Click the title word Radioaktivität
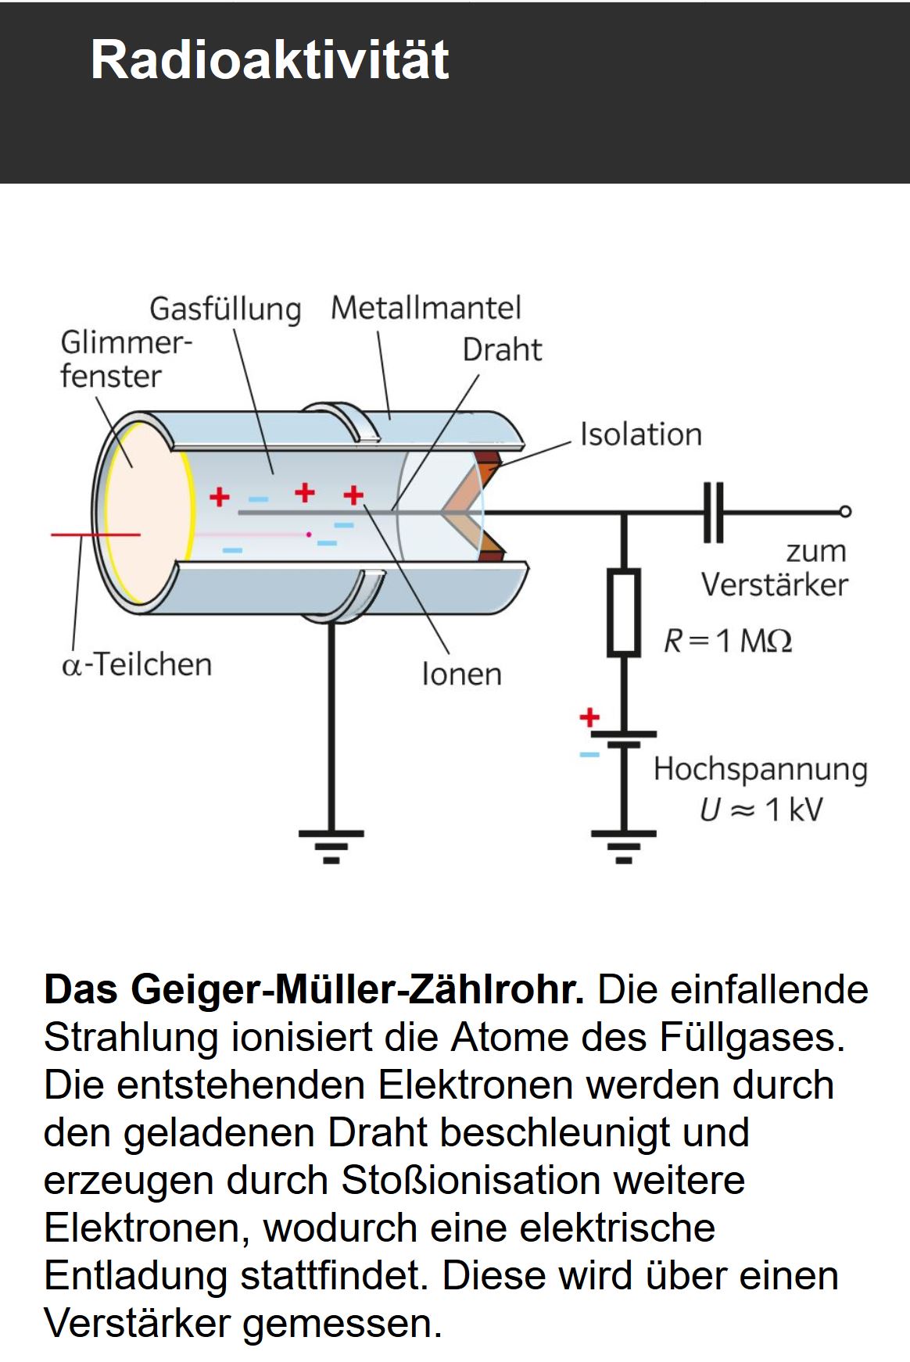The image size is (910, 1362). (x=270, y=59)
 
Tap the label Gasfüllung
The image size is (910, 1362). (x=225, y=309)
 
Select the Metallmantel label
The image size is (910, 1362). (x=425, y=308)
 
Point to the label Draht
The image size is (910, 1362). (x=502, y=350)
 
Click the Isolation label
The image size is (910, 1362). (x=640, y=434)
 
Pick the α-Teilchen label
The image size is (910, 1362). (x=137, y=664)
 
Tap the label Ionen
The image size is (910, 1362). (x=461, y=674)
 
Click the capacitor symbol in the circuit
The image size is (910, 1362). (x=713, y=513)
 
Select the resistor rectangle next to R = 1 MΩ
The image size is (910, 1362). (x=624, y=612)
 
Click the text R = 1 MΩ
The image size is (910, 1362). (x=727, y=641)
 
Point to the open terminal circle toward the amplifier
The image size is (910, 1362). (x=845, y=513)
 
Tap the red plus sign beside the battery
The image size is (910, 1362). (x=589, y=717)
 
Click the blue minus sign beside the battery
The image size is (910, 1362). (x=589, y=755)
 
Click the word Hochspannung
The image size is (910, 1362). (x=761, y=770)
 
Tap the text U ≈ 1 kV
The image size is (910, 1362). (x=761, y=810)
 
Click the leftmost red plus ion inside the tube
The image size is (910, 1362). (x=220, y=496)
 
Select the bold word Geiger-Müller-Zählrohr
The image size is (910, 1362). (x=357, y=989)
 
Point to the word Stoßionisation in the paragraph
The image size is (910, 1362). (x=466, y=1180)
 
